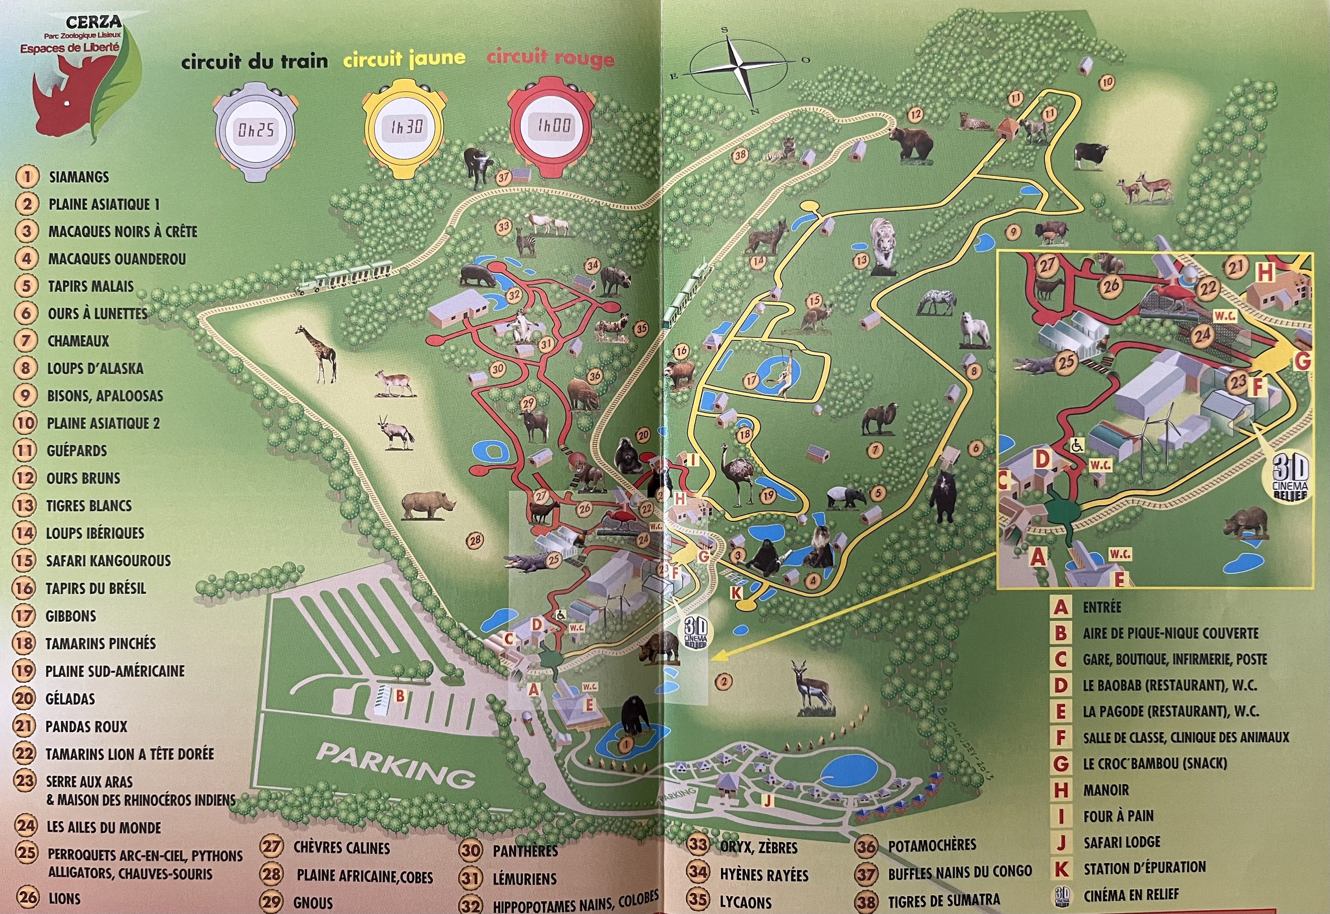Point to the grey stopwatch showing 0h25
255,131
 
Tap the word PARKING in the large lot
396,765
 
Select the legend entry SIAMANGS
78,177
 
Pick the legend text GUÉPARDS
77,451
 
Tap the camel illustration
879,420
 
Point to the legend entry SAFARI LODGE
1122,842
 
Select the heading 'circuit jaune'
404,58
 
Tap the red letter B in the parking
400,696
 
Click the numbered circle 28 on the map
475,540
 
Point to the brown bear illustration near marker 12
911,143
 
